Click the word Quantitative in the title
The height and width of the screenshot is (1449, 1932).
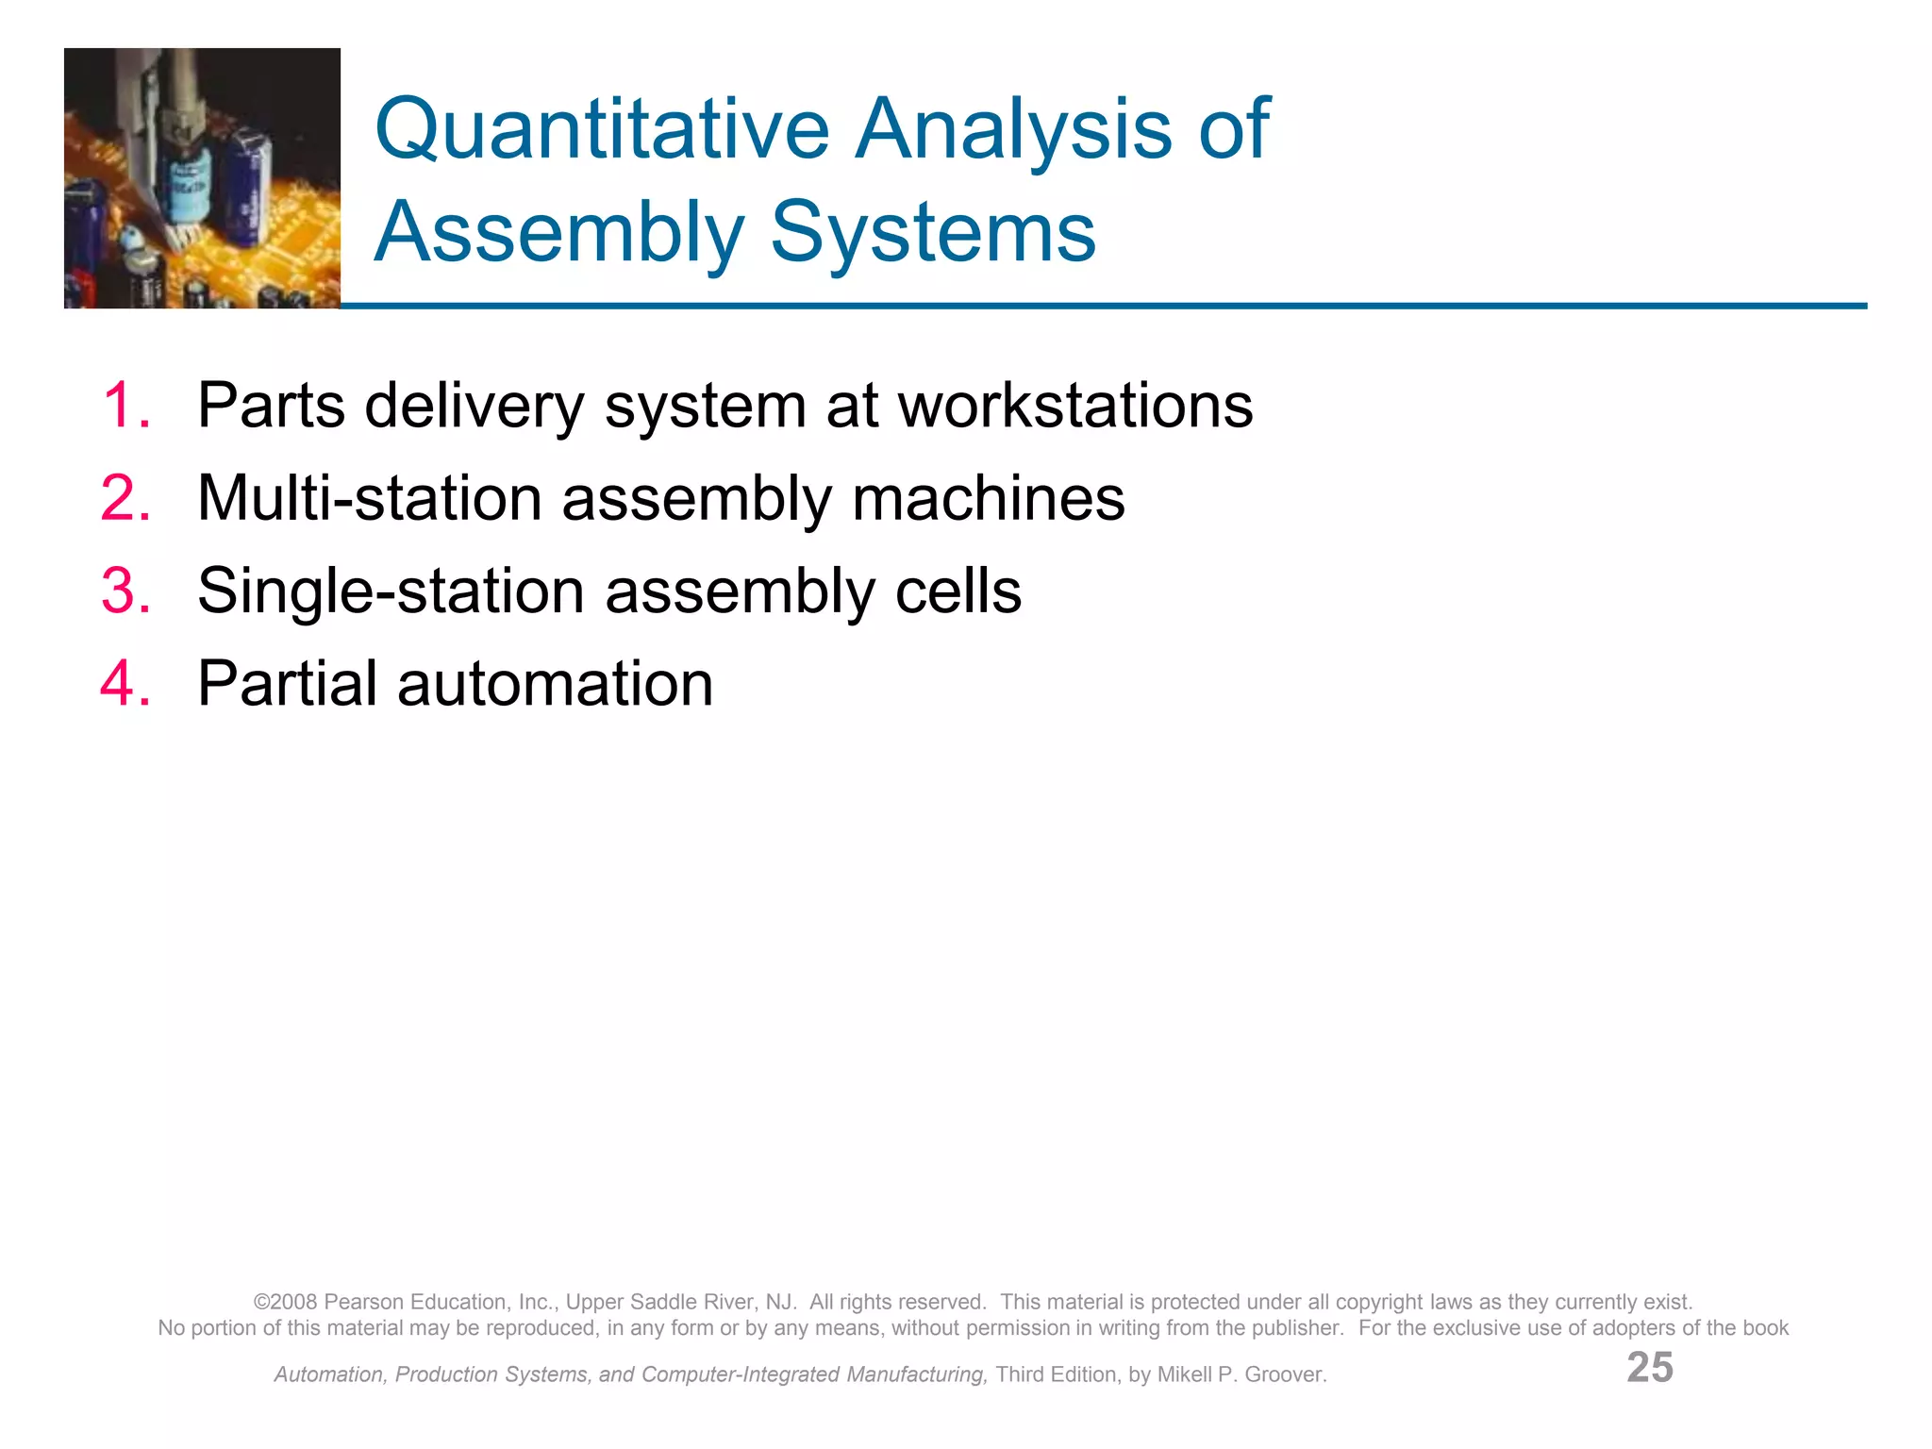(x=601, y=130)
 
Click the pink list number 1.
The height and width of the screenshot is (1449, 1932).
(x=125, y=406)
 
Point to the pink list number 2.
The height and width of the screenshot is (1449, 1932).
(x=125, y=498)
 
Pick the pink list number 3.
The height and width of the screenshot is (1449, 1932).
(x=125, y=591)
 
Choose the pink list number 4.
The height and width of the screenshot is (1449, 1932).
(x=125, y=684)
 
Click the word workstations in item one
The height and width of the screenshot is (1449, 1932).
(x=1074, y=406)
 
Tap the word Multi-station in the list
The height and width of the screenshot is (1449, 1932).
(x=369, y=498)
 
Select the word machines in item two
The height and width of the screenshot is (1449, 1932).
(x=988, y=498)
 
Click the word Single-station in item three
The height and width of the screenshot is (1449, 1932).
(x=391, y=591)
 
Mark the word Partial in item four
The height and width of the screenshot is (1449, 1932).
(x=287, y=684)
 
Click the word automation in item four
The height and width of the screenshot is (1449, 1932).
(x=555, y=684)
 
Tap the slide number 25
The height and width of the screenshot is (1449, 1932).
(x=1649, y=1367)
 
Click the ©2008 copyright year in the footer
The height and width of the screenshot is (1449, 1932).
(x=285, y=1302)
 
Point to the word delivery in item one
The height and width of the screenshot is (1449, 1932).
(x=475, y=406)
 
